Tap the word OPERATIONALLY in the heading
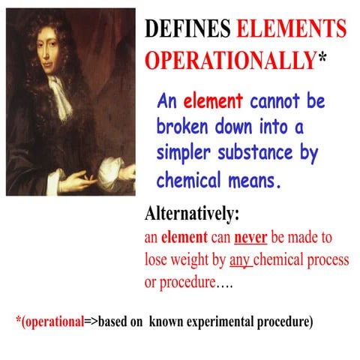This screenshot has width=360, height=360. [229, 60]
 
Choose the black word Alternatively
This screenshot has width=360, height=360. [191, 214]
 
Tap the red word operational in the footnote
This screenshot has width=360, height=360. [55, 322]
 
